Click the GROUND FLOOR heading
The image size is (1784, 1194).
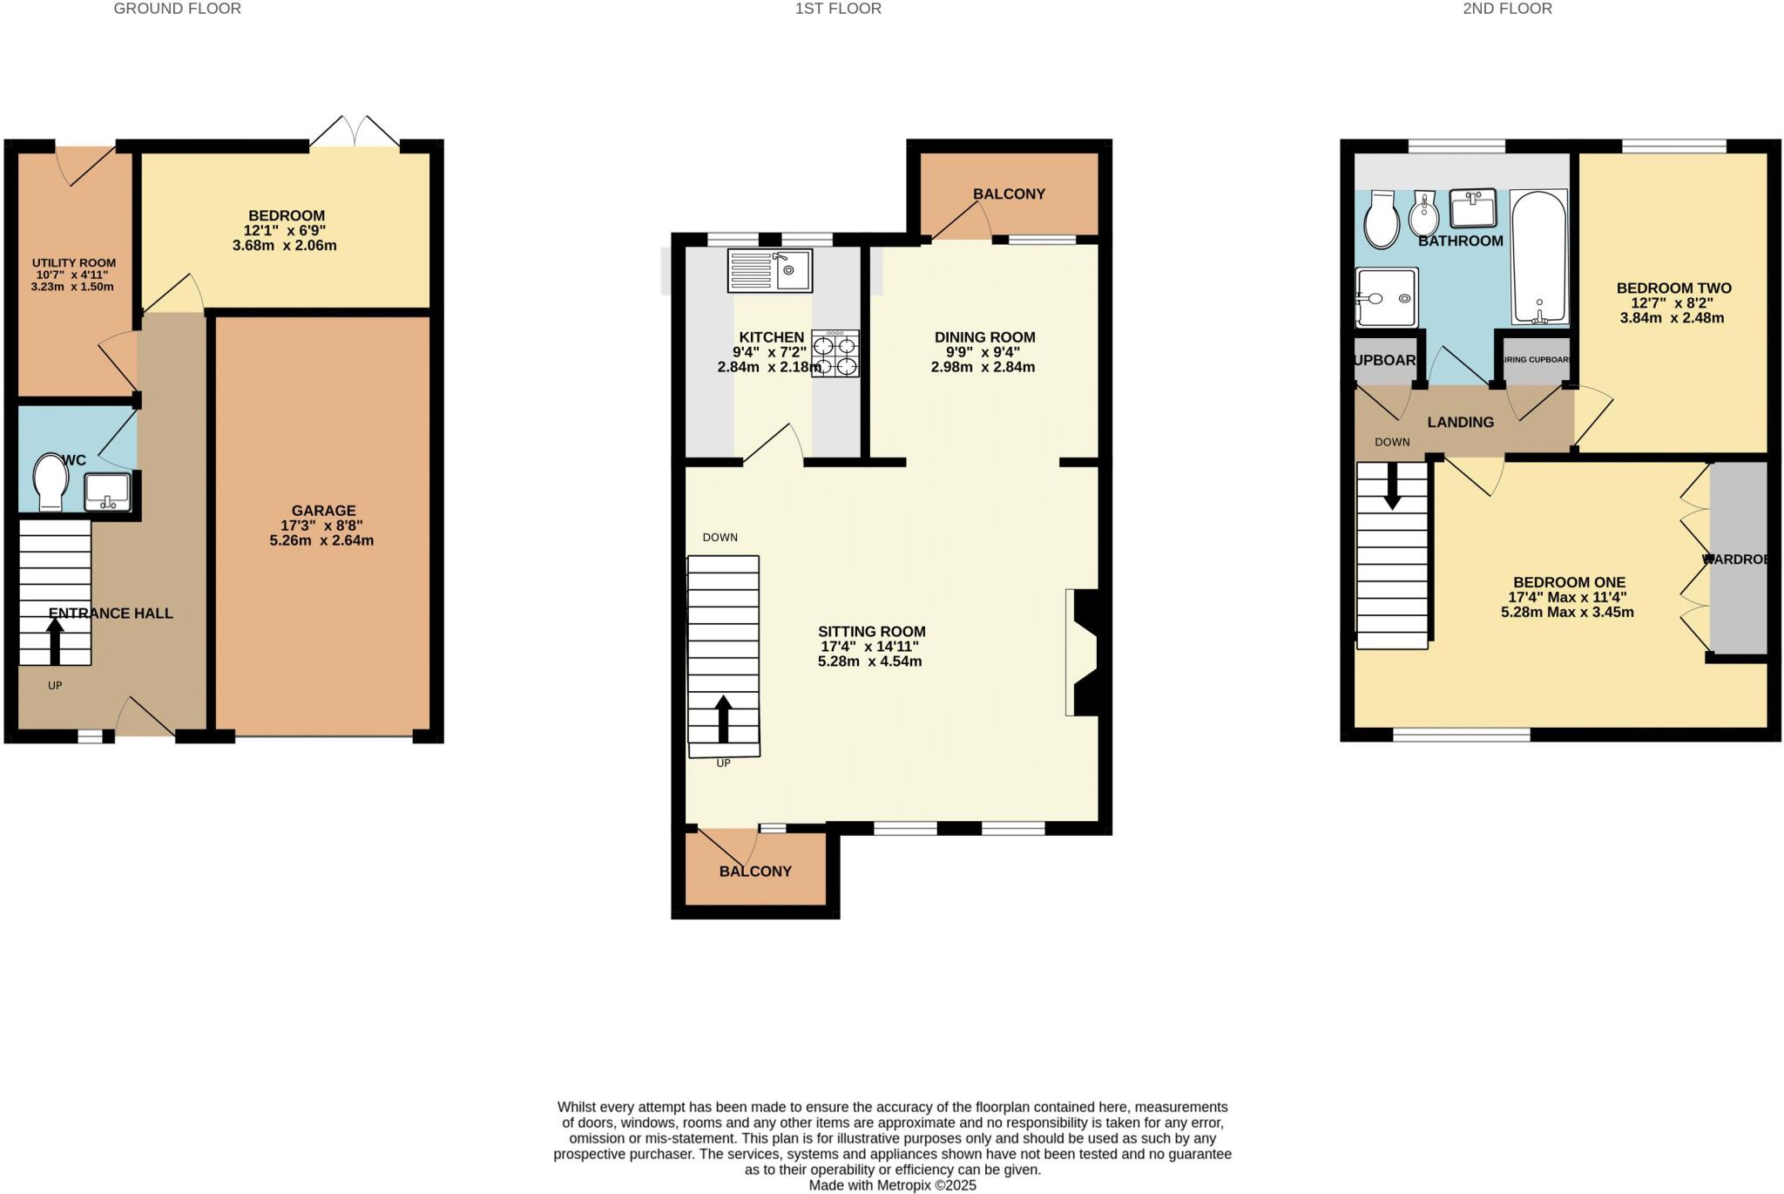(x=177, y=9)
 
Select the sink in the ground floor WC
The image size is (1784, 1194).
(x=107, y=492)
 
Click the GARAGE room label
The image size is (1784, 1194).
(x=323, y=511)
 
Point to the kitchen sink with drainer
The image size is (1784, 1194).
(x=770, y=270)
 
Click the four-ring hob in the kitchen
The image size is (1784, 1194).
(x=835, y=353)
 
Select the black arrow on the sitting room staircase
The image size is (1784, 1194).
(x=723, y=718)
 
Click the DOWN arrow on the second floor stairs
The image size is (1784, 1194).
(x=1392, y=485)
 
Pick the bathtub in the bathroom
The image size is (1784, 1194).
(x=1539, y=258)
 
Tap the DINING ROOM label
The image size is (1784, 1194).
(x=984, y=337)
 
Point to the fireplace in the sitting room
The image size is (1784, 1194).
(x=1082, y=653)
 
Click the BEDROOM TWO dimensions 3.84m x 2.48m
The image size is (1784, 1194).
(x=1672, y=318)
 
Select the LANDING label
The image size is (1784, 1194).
(x=1460, y=422)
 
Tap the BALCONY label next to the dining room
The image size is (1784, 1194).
(x=1009, y=193)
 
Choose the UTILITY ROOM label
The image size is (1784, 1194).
(x=74, y=263)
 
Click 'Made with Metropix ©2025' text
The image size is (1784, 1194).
(x=892, y=1185)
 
